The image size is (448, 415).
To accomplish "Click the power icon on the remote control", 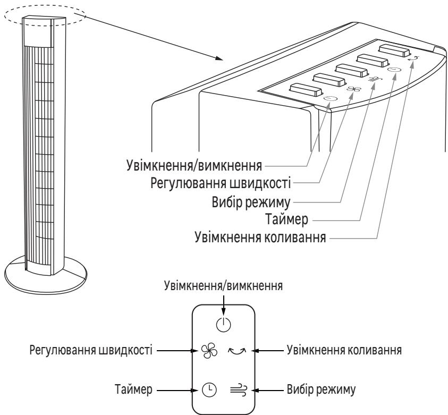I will [x=224, y=324].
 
